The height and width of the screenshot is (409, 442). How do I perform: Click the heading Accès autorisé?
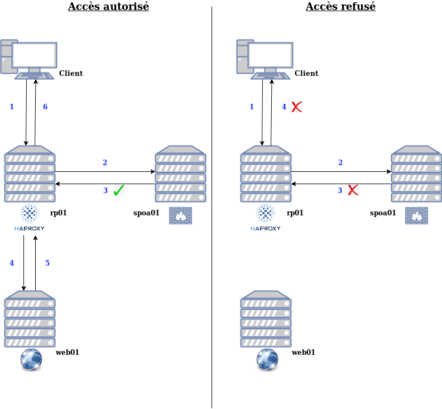click(x=108, y=7)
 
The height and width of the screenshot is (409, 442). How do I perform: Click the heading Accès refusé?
click(x=340, y=7)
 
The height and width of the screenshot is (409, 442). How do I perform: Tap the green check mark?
click(x=118, y=190)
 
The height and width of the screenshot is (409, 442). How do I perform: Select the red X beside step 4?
click(x=297, y=107)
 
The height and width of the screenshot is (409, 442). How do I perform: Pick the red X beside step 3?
click(x=353, y=190)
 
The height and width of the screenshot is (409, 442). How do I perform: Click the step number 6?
click(x=45, y=107)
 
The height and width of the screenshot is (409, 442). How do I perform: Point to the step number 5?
click(x=47, y=263)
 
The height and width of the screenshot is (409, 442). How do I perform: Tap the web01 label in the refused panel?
click(x=304, y=352)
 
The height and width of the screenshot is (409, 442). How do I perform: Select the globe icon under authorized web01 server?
click(x=31, y=360)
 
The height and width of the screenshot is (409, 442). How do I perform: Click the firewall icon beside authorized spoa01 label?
click(x=180, y=216)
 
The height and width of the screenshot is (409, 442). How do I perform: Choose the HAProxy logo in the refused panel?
click(x=266, y=218)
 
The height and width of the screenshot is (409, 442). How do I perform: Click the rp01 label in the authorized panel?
click(x=59, y=213)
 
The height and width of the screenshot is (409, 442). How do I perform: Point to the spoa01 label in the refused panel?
click(x=383, y=213)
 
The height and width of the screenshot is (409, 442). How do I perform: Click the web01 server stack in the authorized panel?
click(x=30, y=319)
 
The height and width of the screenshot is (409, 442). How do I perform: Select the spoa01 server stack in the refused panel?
click(x=416, y=174)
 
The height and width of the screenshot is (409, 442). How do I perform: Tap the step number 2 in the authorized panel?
click(x=105, y=162)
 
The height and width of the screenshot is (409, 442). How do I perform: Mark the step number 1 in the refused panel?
click(x=252, y=107)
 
